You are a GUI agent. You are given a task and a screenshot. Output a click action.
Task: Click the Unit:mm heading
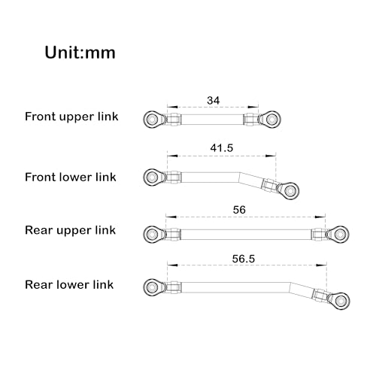80,53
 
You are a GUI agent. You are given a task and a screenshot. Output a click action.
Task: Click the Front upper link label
71,117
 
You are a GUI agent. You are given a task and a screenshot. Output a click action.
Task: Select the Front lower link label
71,177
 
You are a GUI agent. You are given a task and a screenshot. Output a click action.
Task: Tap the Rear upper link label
70,230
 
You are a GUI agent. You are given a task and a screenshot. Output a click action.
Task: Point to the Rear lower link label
69,284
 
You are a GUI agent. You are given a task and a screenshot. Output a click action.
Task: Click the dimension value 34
214,101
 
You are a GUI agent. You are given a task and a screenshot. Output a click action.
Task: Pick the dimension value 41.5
222,148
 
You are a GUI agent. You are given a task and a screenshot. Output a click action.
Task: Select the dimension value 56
239,210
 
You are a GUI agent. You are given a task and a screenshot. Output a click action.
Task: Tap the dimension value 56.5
244,259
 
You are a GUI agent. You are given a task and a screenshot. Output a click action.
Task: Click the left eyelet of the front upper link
152,119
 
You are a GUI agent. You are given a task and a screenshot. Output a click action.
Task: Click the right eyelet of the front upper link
271,119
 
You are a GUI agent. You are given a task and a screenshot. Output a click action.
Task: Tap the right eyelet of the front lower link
290,191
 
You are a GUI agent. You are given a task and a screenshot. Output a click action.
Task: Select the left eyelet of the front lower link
152,177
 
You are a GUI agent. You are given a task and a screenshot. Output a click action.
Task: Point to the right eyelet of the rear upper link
340,235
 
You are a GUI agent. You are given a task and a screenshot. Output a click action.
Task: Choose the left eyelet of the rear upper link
152,235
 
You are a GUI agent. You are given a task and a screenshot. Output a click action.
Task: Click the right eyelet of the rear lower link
341,300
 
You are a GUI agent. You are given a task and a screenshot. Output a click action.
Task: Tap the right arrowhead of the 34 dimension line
253,107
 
